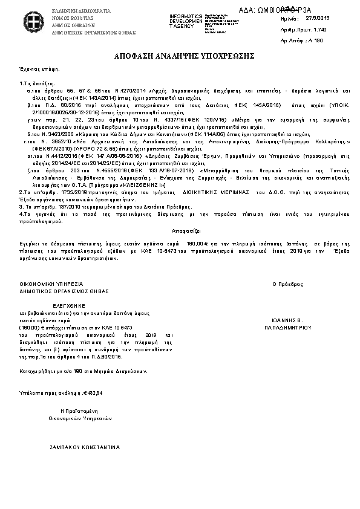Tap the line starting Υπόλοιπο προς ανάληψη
[x=52, y=392]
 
